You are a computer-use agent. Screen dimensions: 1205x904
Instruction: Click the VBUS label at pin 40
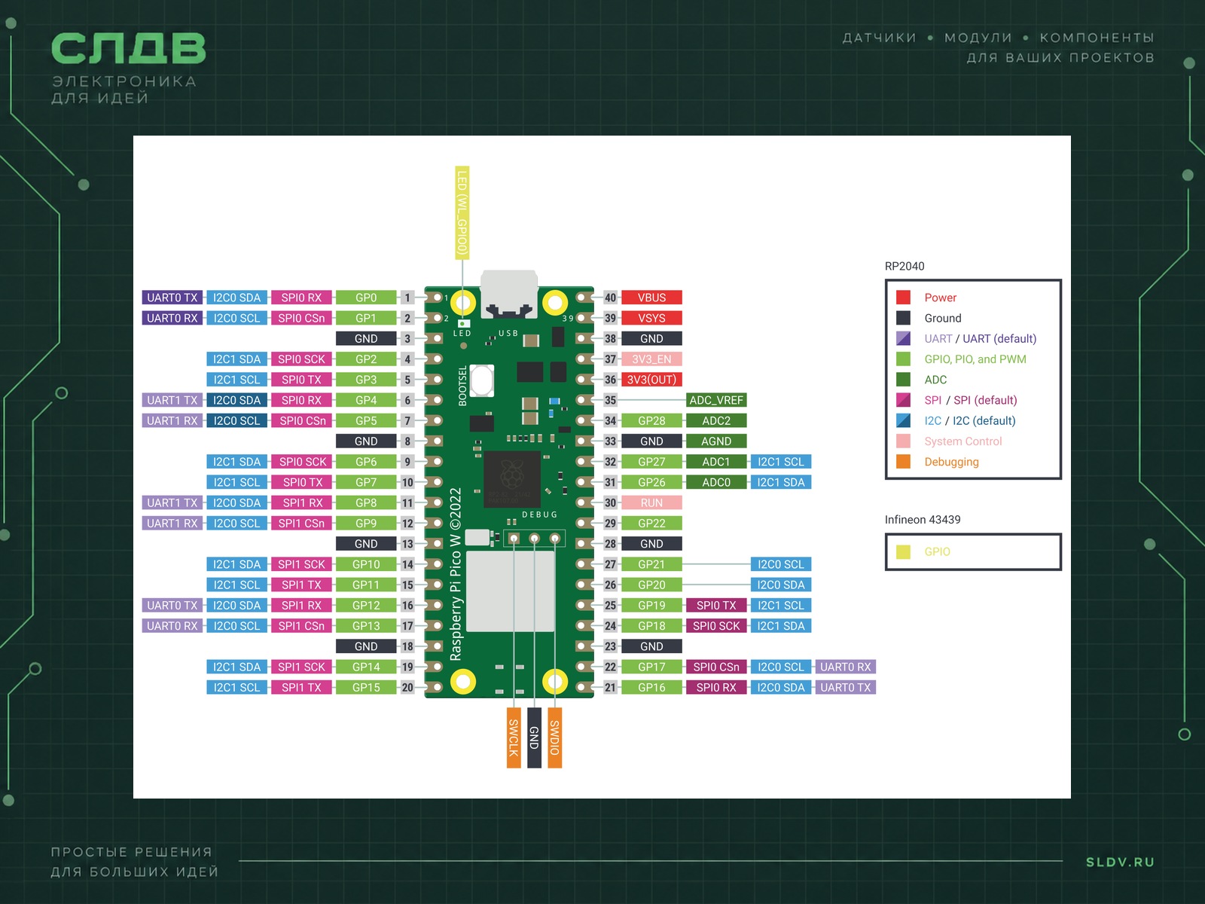pyautogui.click(x=651, y=298)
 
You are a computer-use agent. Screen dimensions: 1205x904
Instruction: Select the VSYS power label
pyautogui.click(x=651, y=318)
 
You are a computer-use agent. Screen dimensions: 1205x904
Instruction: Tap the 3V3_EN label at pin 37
pyautogui.click(x=651, y=359)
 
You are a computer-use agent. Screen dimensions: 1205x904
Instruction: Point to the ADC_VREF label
pyautogui.click(x=716, y=400)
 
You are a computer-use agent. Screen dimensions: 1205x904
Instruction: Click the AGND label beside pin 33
pyautogui.click(x=716, y=441)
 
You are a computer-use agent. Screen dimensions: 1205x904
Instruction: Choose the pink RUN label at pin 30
pyautogui.click(x=651, y=502)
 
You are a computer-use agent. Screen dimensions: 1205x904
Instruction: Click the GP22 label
pyautogui.click(x=651, y=523)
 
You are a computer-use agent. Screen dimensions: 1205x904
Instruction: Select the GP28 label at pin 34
pyautogui.click(x=651, y=420)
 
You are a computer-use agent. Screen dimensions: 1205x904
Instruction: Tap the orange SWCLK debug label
pyautogui.click(x=514, y=738)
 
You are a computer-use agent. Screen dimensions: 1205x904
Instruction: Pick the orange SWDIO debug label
pyautogui.click(x=554, y=738)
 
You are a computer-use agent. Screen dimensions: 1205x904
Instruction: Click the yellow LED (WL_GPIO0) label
pyautogui.click(x=462, y=212)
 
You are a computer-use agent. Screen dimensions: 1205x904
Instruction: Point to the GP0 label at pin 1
pyautogui.click(x=365, y=298)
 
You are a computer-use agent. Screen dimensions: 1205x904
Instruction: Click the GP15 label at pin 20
pyautogui.click(x=365, y=687)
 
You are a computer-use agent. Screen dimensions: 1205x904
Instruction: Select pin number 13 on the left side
pyautogui.click(x=407, y=543)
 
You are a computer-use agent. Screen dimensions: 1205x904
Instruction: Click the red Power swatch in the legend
pyautogui.click(x=903, y=298)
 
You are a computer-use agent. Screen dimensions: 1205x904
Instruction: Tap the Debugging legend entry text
pyautogui.click(x=951, y=462)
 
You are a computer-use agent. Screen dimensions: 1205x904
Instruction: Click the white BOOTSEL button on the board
pyautogui.click(x=482, y=380)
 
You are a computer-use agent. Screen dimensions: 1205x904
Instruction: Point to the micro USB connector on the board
pyautogui.click(x=509, y=294)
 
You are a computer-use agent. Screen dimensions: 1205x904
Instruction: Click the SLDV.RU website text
pyautogui.click(x=1120, y=862)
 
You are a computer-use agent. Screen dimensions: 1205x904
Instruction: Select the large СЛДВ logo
pyautogui.click(x=129, y=48)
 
